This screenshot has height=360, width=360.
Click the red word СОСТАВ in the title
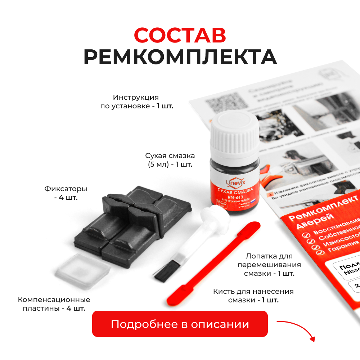(x=180, y=35)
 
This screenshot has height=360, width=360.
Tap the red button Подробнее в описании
(x=180, y=324)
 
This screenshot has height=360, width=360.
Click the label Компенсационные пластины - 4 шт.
(x=54, y=304)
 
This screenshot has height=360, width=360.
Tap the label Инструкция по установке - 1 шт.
(x=136, y=102)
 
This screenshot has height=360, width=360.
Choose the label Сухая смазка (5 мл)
(x=170, y=160)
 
